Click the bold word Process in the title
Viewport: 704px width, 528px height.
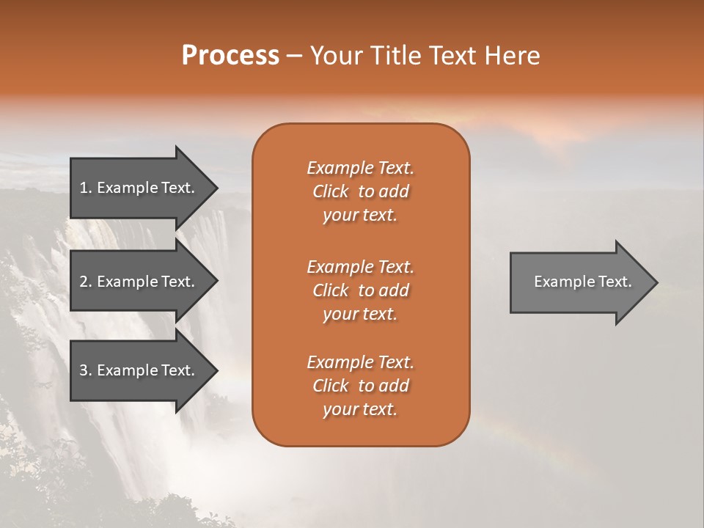230,56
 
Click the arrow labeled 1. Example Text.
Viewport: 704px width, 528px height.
139,188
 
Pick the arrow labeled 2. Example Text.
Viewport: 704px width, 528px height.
139,282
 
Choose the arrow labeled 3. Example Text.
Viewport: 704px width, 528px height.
139,370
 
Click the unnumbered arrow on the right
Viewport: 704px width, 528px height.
579,282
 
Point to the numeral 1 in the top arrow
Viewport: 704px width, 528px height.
84,188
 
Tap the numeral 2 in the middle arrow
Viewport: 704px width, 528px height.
84,282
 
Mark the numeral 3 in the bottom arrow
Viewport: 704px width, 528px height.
84,370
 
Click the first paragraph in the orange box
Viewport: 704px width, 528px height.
361,191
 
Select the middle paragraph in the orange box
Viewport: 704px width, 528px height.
361,290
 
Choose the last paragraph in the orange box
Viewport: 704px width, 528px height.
361,386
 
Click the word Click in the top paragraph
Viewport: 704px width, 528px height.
331,191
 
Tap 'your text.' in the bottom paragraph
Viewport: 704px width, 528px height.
360,410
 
